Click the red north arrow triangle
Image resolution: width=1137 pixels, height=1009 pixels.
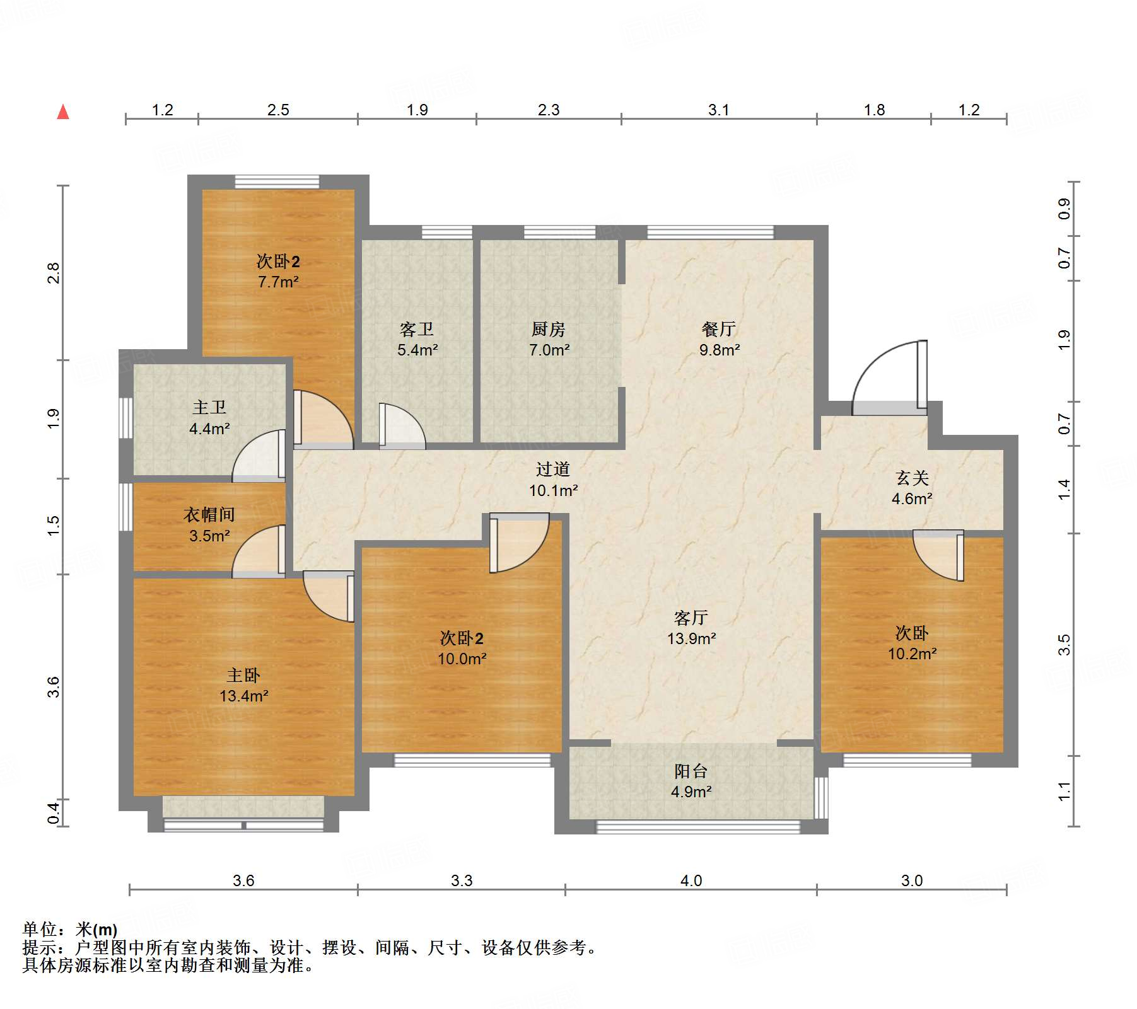pyautogui.click(x=63, y=112)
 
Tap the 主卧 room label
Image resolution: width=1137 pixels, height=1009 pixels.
pyautogui.click(x=243, y=676)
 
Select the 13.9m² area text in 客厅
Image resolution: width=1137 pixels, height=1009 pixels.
pyautogui.click(x=691, y=638)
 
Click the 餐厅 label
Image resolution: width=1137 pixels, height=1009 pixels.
pyautogui.click(x=719, y=329)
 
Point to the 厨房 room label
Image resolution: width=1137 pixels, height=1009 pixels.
pyautogui.click(x=548, y=329)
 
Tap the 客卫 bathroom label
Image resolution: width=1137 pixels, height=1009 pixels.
pyautogui.click(x=417, y=329)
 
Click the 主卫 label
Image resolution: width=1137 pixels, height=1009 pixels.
pyautogui.click(x=209, y=408)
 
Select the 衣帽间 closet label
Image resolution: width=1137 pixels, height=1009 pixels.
pyautogui.click(x=209, y=515)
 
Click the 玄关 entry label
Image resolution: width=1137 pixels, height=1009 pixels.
pyautogui.click(x=912, y=478)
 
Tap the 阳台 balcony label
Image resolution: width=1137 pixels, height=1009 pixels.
pyautogui.click(x=691, y=771)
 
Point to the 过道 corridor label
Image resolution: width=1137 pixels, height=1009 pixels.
pyautogui.click(x=553, y=469)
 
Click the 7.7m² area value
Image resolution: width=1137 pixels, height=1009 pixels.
pyautogui.click(x=278, y=282)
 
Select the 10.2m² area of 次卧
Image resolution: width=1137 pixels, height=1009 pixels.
pyautogui.click(x=912, y=654)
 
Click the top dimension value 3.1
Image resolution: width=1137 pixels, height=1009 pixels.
pyautogui.click(x=718, y=110)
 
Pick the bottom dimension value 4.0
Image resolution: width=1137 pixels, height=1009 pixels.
pyautogui.click(x=691, y=880)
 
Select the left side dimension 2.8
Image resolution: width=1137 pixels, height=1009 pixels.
pyautogui.click(x=54, y=273)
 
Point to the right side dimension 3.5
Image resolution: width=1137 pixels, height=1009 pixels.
pyautogui.click(x=1064, y=645)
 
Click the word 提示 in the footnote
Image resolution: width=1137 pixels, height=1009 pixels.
pyautogui.click(x=39, y=947)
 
